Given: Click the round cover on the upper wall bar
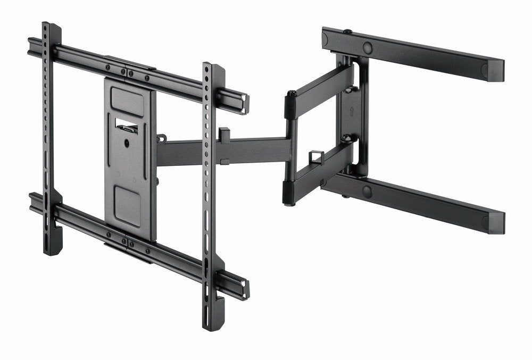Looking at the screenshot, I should [x=368, y=47].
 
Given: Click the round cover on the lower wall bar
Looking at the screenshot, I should [x=367, y=191].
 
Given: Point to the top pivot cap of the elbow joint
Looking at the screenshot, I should [x=292, y=96].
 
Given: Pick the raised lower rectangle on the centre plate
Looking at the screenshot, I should [x=127, y=204].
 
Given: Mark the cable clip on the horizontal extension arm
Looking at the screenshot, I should [x=223, y=133].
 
